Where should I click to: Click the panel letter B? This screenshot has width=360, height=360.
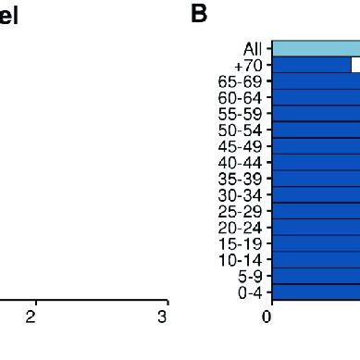(x=198, y=15)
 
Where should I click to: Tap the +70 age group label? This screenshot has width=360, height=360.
(x=248, y=66)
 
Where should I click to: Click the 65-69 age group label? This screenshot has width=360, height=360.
(x=239, y=81)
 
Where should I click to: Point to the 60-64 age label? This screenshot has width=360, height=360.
(x=239, y=97)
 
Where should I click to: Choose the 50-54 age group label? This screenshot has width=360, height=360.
(x=239, y=130)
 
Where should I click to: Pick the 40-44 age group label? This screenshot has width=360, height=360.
(x=239, y=162)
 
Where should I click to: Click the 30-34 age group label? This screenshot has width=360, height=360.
(x=239, y=194)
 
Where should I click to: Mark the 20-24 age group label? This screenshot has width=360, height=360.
(x=239, y=227)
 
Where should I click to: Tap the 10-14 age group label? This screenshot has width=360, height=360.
(x=239, y=259)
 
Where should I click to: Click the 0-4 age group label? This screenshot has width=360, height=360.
(x=246, y=292)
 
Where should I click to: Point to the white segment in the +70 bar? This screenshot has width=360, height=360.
(x=355, y=65)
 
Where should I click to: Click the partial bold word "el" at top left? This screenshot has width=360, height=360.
(x=9, y=17)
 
